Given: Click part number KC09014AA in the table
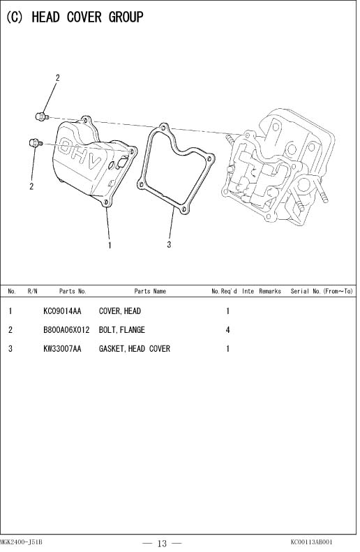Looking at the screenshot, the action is (62, 311).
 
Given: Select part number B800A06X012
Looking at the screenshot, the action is (66, 330).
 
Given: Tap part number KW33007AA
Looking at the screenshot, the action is (62, 348).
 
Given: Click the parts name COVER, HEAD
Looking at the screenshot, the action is (119, 311).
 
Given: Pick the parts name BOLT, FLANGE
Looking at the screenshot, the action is (122, 330).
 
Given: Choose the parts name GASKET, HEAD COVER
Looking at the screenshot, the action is (135, 348).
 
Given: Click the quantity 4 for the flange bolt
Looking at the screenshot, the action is (227, 330).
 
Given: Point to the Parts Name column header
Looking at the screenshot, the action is (150, 291).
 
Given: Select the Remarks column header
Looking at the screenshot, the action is (270, 291).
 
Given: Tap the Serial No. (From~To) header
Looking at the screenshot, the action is (322, 291).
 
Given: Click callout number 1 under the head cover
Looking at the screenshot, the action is (110, 245).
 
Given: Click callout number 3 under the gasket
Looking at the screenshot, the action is (169, 244).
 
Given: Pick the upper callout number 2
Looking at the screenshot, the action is (58, 77).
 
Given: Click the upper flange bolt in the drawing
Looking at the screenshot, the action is (42, 116).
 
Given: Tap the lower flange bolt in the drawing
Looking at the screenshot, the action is (35, 143).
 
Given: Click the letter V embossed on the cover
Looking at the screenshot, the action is (94, 162).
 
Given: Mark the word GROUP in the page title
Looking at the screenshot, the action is (126, 17).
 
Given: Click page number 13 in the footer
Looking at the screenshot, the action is (163, 544).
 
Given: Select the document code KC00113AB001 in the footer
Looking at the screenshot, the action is (311, 542).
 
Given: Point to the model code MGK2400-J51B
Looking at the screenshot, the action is (21, 542).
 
